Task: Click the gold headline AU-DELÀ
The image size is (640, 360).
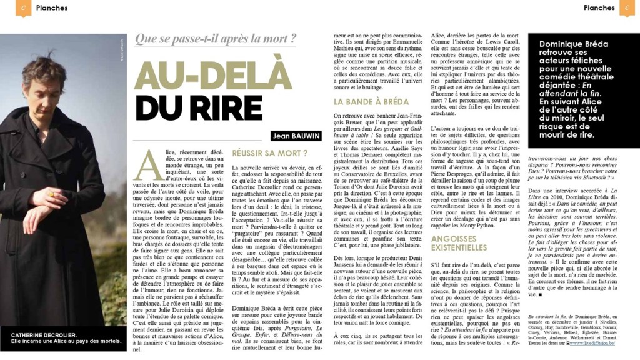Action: [212, 76]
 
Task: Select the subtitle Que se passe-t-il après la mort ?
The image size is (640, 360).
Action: [215, 39]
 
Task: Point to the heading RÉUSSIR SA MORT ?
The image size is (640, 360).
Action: [270, 152]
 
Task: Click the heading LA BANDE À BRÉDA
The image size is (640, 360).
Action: [371, 101]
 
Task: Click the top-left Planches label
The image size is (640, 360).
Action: [52, 8]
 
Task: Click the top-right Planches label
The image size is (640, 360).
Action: [599, 8]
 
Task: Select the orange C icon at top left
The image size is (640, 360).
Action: [23, 8]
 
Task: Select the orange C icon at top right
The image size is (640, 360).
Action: [627, 8]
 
